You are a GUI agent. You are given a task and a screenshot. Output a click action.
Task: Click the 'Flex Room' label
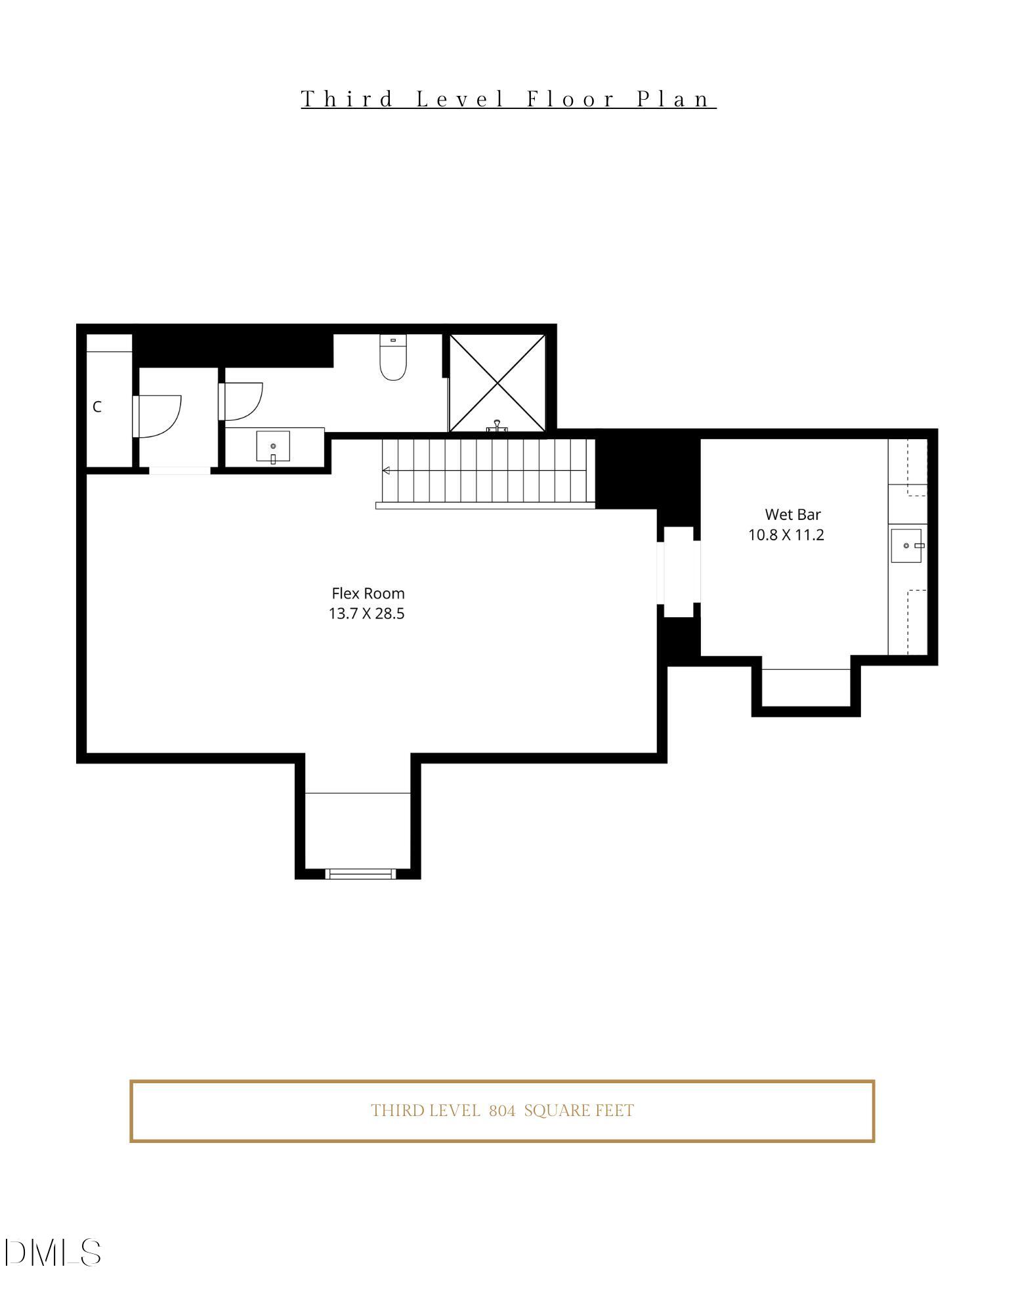point(368,593)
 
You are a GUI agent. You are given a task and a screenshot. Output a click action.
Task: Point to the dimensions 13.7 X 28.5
point(366,614)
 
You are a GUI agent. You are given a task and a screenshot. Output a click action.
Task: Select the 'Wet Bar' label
point(792,515)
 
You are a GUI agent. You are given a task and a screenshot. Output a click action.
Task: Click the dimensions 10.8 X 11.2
point(786,535)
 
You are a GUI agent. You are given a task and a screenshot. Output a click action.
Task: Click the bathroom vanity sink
point(273,447)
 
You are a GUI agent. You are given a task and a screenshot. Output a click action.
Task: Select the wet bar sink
point(906,546)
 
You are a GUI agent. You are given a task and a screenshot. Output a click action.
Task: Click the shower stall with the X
point(497,383)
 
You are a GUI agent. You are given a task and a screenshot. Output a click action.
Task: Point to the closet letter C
point(97,407)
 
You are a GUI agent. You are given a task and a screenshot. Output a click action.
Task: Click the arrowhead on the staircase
point(387,471)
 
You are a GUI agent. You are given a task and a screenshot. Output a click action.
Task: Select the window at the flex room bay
point(360,873)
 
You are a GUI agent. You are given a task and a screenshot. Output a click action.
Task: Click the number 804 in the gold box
point(502,1111)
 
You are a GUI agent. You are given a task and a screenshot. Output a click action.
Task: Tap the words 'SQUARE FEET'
point(579,1111)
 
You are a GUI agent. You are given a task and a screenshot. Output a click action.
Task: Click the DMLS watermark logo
point(53,1253)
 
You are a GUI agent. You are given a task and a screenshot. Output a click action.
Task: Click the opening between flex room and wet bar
point(679,571)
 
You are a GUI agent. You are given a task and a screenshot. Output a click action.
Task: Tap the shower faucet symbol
point(497,427)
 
